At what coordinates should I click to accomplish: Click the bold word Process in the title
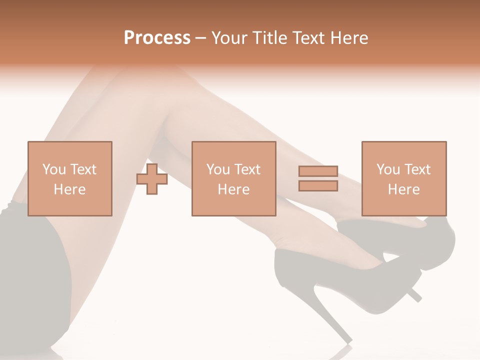click(157, 38)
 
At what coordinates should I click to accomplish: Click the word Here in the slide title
click(349, 38)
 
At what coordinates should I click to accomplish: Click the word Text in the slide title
click(309, 38)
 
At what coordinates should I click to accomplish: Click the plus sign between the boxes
click(152, 179)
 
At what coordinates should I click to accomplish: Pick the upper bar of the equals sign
click(318, 171)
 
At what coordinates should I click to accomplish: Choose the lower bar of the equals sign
click(318, 186)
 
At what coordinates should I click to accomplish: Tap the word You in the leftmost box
click(53, 169)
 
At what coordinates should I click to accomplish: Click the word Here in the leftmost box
click(69, 189)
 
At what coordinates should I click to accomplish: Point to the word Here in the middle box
click(233, 189)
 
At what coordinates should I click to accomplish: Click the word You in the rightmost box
click(387, 169)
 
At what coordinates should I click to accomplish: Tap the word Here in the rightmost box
click(403, 189)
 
